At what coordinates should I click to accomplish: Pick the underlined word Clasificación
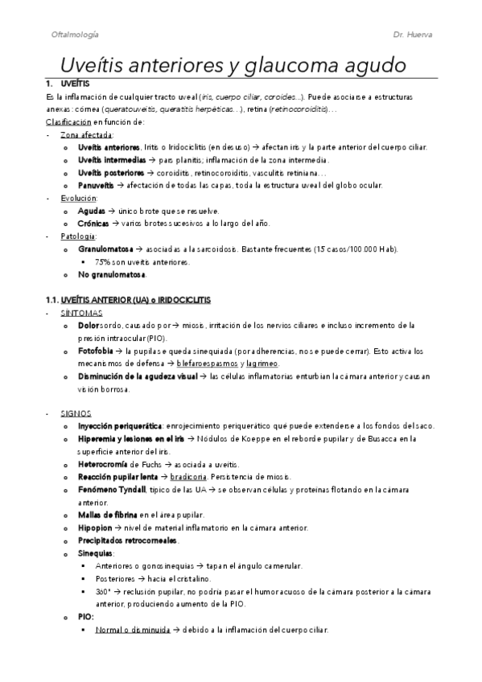[x=68, y=121]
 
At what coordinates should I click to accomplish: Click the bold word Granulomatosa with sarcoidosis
[x=105, y=249]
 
